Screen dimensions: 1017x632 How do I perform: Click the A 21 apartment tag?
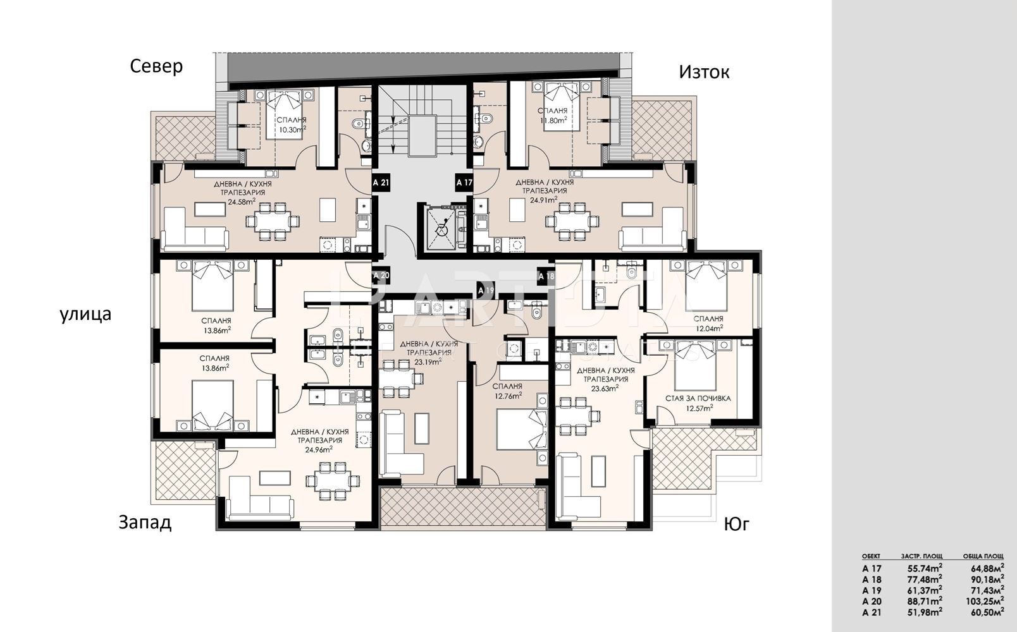point(381,183)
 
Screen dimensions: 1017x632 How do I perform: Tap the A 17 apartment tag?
point(464,183)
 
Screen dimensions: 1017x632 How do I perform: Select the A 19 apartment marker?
point(485,290)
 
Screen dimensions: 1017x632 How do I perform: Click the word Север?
point(156,66)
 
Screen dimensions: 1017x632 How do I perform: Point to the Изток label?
point(704,72)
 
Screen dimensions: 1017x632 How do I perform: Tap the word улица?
point(85,314)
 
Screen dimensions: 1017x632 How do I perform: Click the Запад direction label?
point(145,523)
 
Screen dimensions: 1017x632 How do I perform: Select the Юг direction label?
point(736,525)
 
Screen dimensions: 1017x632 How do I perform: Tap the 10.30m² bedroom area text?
point(292,130)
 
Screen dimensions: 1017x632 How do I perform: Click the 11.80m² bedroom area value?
point(553,120)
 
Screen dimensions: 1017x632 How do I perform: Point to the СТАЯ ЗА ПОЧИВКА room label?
point(698,398)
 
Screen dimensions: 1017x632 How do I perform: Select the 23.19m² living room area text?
point(429,361)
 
